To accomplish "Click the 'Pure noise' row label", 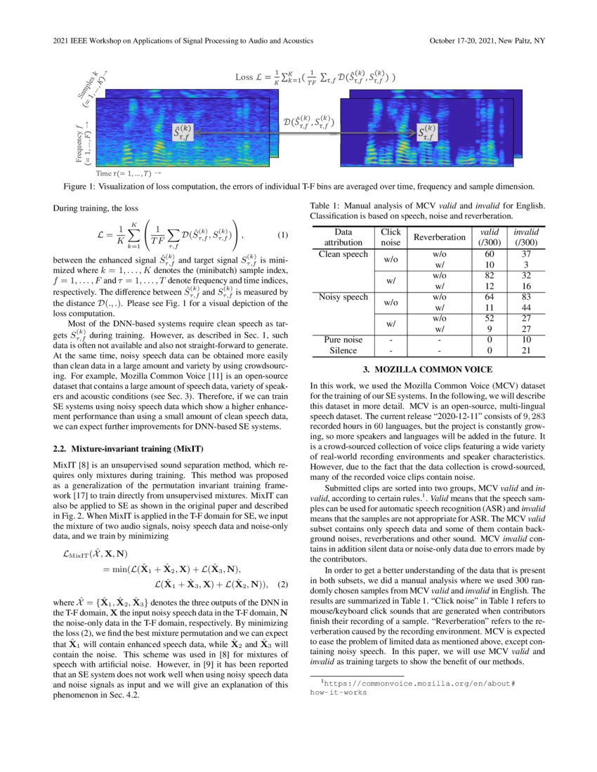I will pos(343,340).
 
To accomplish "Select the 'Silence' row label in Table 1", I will pos(343,350).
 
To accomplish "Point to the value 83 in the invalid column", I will pos(522,297).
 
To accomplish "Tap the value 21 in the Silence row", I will pos(522,350).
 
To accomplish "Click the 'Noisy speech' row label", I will pos(343,297).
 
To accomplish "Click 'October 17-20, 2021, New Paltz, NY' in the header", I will pos(486,41).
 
